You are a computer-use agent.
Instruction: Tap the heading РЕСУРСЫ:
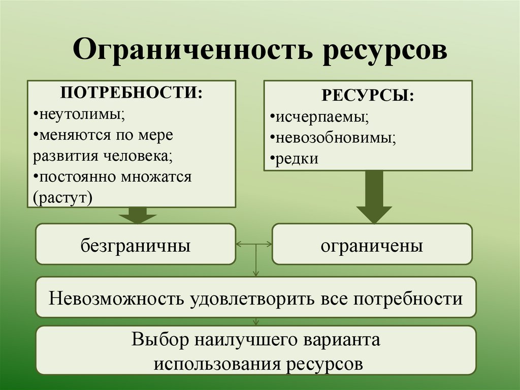pos(367,96)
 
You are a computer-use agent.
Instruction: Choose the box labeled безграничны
pos(136,246)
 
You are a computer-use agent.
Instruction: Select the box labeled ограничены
pos(372,246)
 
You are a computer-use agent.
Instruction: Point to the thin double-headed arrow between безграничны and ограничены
pos(254,245)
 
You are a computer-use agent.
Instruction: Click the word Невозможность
pos(116,298)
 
